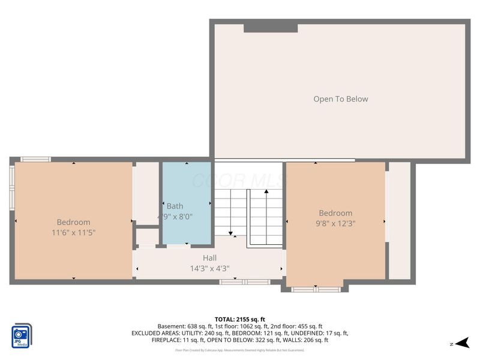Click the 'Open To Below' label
[340, 99]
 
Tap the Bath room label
[175, 206]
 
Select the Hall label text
[209, 258]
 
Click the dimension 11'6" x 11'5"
[73, 232]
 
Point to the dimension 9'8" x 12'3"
[335, 223]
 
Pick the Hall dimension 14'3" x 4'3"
[209, 268]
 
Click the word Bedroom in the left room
[73, 222]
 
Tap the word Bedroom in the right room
[335, 213]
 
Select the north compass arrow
[461, 343]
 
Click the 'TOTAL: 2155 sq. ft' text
[240, 319]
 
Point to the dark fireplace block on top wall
[271, 27]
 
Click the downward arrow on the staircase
[229, 231]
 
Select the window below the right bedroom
[316, 289]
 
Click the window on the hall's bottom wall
[244, 281]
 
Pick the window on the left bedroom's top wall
[35, 159]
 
